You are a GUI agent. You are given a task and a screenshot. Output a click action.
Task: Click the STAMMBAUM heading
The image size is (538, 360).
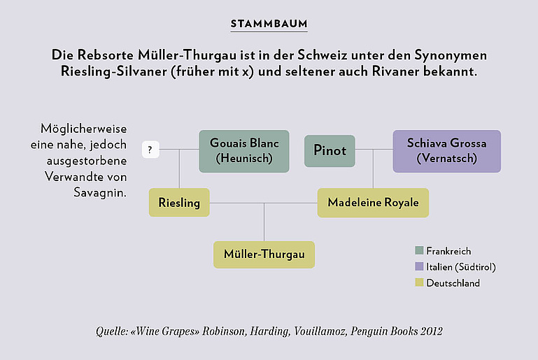[x=269, y=24]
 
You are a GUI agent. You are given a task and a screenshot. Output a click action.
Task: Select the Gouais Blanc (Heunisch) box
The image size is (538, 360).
[x=244, y=151]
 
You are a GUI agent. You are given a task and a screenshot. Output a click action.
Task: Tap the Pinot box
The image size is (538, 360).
[x=330, y=151]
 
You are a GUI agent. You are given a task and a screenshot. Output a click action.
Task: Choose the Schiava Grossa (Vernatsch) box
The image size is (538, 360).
[x=447, y=151]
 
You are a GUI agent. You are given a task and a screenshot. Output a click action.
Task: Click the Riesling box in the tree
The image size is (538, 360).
[x=179, y=202]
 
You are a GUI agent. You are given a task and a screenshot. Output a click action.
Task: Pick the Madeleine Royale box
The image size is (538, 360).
[x=373, y=202]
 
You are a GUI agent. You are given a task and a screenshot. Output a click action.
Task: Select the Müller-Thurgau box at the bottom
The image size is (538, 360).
[x=264, y=254]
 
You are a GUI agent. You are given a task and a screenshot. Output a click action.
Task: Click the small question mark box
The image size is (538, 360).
[x=150, y=150]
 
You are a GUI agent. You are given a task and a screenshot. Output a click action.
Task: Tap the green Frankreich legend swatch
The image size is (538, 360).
[x=419, y=250]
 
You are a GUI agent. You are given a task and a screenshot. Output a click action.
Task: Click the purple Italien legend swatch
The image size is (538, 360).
[x=419, y=266]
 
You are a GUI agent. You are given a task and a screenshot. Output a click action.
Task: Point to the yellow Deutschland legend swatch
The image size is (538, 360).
[x=419, y=282]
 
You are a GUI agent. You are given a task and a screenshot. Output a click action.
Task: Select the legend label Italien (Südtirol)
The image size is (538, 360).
[x=461, y=267]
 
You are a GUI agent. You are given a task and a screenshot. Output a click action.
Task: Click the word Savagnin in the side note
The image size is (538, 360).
[x=100, y=193]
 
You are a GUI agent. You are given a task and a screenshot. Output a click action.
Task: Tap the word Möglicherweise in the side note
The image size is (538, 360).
[x=84, y=129]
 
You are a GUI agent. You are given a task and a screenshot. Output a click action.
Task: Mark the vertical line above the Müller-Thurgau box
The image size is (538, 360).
[x=264, y=222]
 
